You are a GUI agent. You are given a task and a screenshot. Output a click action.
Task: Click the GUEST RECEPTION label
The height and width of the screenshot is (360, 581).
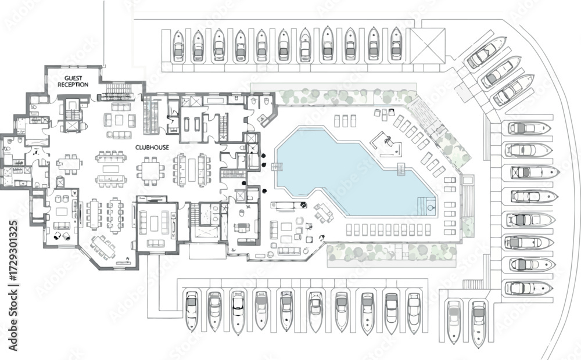tap(73, 81)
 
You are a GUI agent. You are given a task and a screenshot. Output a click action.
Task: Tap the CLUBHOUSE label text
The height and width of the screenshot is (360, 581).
tap(152, 147)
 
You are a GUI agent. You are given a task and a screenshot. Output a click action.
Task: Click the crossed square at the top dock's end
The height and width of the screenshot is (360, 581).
tap(427, 45)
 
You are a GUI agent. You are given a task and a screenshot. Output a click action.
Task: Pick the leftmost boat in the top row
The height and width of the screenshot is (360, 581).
tap(178, 46)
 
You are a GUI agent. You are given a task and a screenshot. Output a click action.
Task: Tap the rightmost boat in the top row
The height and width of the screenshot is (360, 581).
tap(396, 44)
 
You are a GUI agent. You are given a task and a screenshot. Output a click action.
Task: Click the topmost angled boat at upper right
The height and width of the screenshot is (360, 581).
tap(486, 53)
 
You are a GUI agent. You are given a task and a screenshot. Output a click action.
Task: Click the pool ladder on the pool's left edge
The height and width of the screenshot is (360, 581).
tap(277, 167)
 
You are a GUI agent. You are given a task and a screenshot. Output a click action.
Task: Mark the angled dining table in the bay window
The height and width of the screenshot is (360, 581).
tap(102, 246)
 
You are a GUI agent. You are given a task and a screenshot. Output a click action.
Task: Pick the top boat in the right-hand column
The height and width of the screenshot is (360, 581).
tap(529, 128)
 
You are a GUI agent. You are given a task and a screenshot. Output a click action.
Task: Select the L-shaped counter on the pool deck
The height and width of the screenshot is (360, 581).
tap(268, 119)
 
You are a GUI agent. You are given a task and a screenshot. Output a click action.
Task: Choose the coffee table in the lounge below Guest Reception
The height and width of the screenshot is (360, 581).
tap(119, 121)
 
